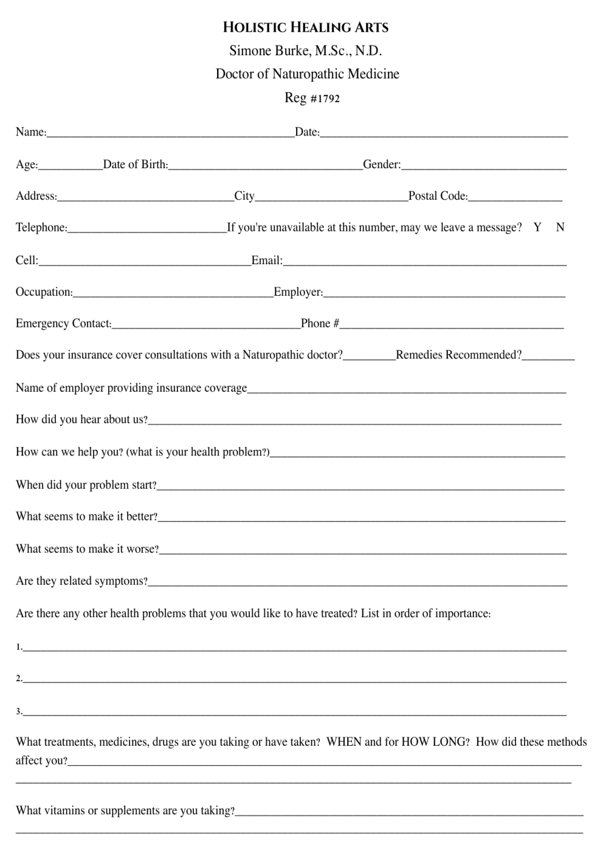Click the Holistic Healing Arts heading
(x=306, y=27)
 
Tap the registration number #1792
(x=325, y=98)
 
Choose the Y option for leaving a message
(x=537, y=227)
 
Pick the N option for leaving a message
(x=560, y=227)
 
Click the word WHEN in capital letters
(x=344, y=741)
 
